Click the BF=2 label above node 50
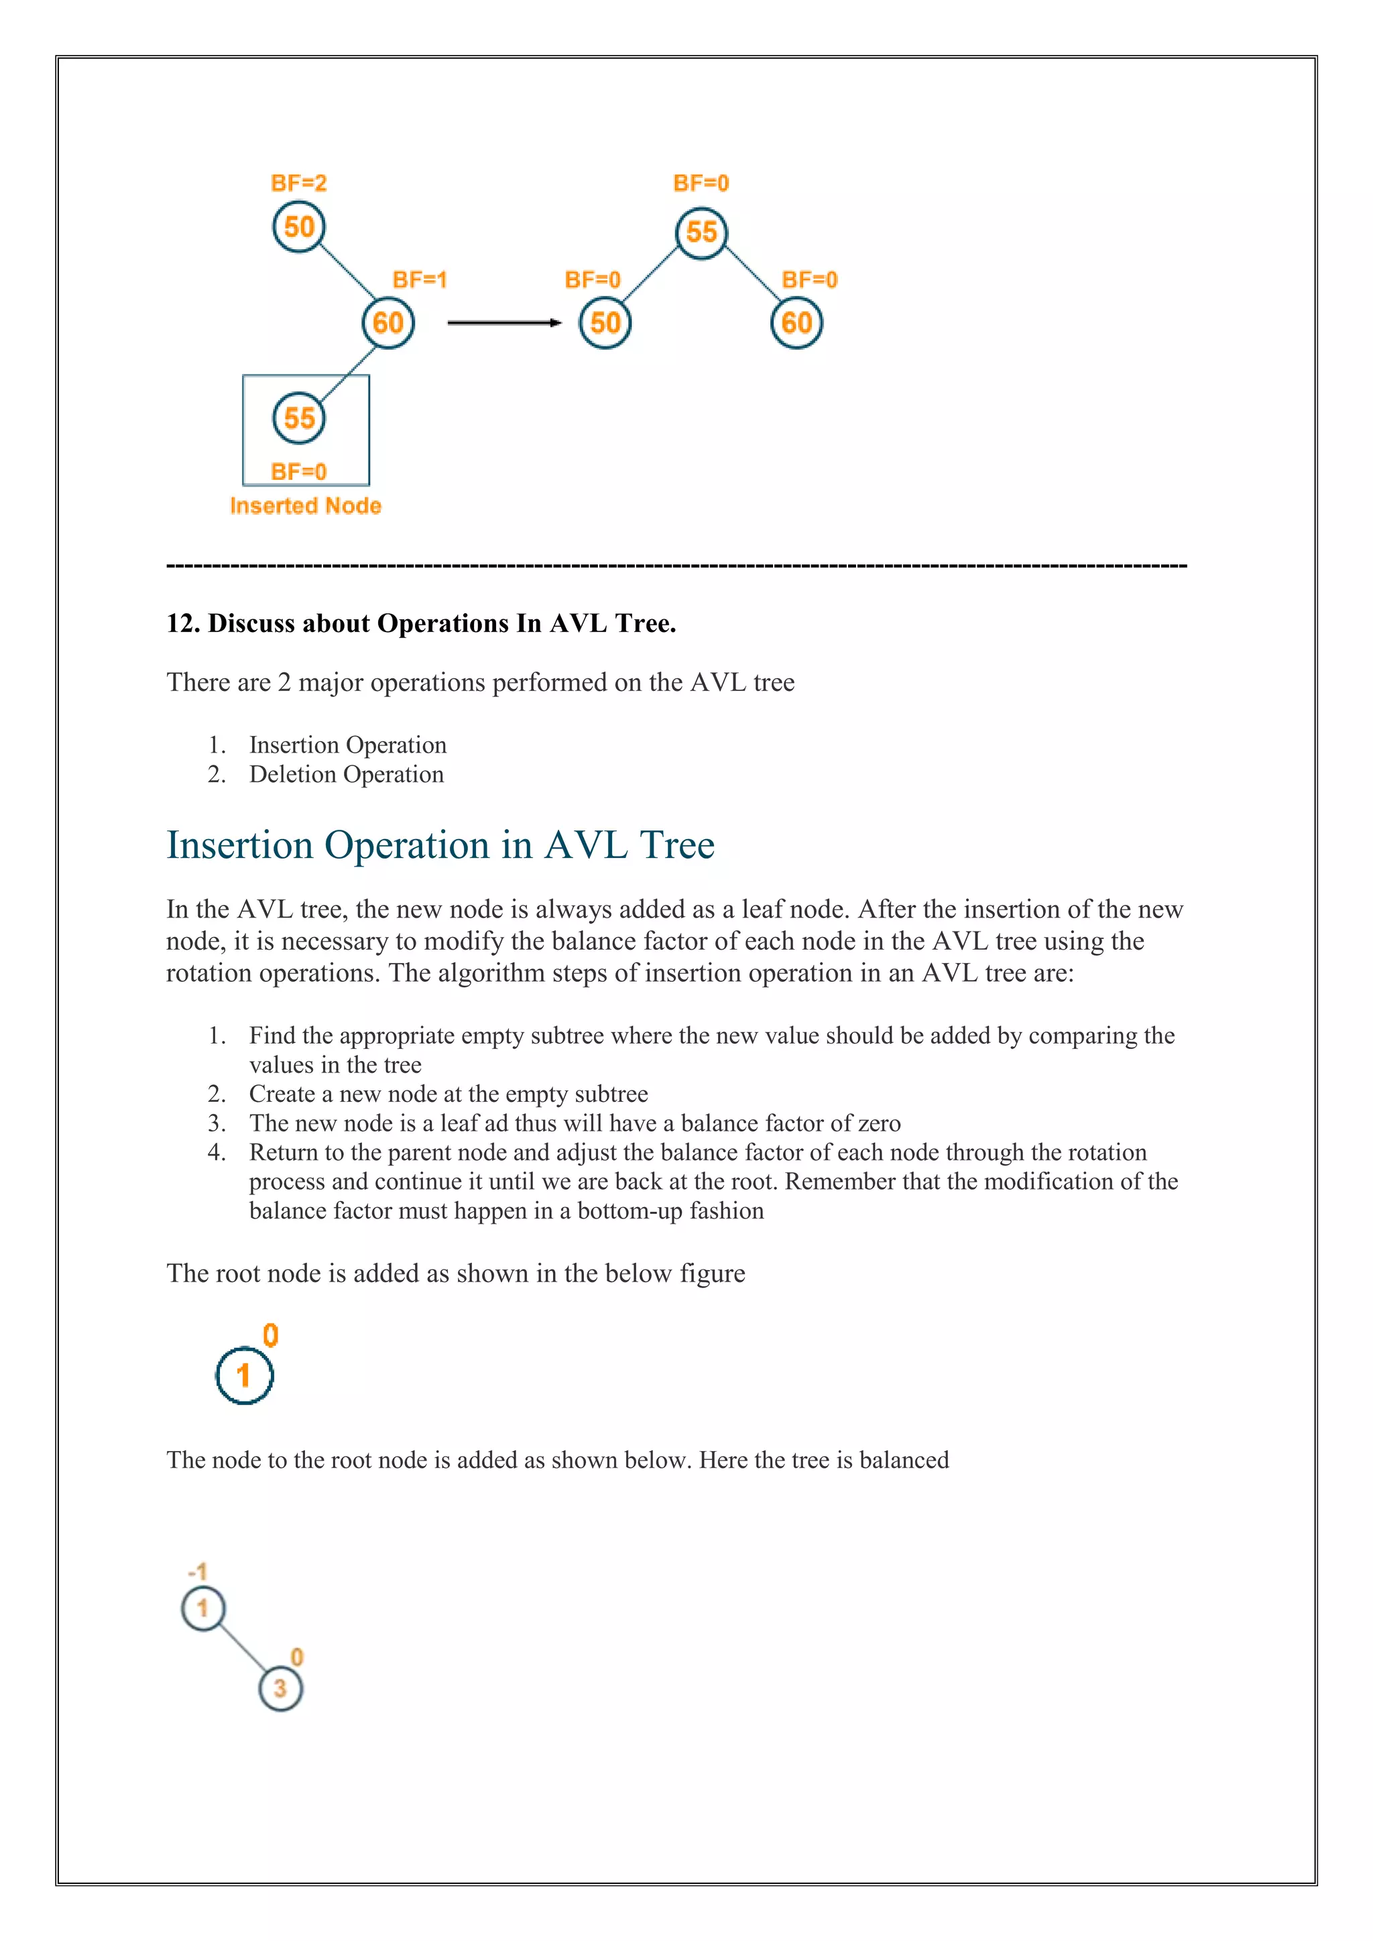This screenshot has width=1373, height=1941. (298, 184)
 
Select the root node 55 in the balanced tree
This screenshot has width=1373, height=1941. (701, 233)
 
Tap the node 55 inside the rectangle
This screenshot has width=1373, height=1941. (298, 418)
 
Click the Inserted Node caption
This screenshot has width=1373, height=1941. (305, 505)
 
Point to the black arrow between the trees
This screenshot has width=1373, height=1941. (504, 322)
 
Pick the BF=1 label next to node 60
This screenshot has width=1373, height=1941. (419, 279)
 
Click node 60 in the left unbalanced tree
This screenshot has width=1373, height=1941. (388, 323)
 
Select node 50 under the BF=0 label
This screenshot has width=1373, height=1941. (605, 323)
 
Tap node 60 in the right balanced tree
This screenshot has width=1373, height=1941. (796, 323)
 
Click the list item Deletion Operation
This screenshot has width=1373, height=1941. (346, 774)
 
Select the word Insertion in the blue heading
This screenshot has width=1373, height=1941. (240, 845)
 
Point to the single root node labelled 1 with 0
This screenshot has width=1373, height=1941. (244, 1375)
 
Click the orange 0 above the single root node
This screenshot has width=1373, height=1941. (271, 1336)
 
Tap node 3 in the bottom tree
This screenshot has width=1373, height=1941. (280, 1688)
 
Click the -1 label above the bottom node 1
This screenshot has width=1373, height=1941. (198, 1572)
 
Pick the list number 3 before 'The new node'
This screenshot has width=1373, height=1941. (217, 1123)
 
